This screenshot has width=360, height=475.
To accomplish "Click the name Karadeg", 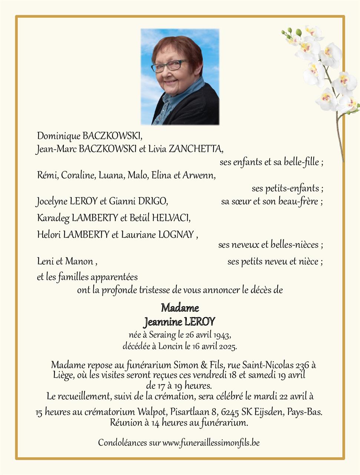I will pyautogui.click(x=53, y=218).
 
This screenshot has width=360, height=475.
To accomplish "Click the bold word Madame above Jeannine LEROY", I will pyautogui.click(x=180, y=308).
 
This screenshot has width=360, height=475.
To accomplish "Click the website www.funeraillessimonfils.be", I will pyautogui.click(x=211, y=442).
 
